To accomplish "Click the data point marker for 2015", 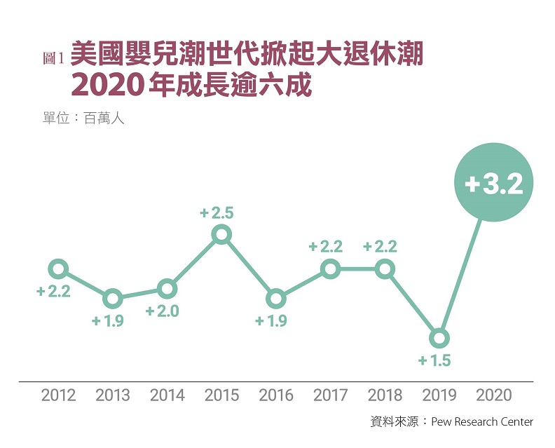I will click(x=221, y=234).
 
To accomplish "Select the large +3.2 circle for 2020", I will click(x=494, y=183).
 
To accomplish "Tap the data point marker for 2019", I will click(x=439, y=339).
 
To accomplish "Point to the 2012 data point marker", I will click(x=58, y=269).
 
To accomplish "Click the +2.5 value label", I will click(x=217, y=212).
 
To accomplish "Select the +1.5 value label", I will click(x=434, y=362).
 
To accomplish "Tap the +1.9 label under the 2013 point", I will click(x=108, y=322).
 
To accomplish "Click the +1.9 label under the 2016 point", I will click(x=271, y=322).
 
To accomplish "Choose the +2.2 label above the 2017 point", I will click(x=326, y=247).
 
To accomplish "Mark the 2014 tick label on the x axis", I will click(x=167, y=395).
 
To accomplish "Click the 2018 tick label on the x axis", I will click(x=385, y=395).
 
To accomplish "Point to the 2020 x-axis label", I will click(x=494, y=395).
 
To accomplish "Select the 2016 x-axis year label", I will click(x=276, y=395).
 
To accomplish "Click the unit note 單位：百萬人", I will click(x=83, y=118).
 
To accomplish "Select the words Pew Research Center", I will click(x=482, y=422).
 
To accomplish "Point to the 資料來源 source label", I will click(x=394, y=422).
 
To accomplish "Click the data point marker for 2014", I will click(x=167, y=288).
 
